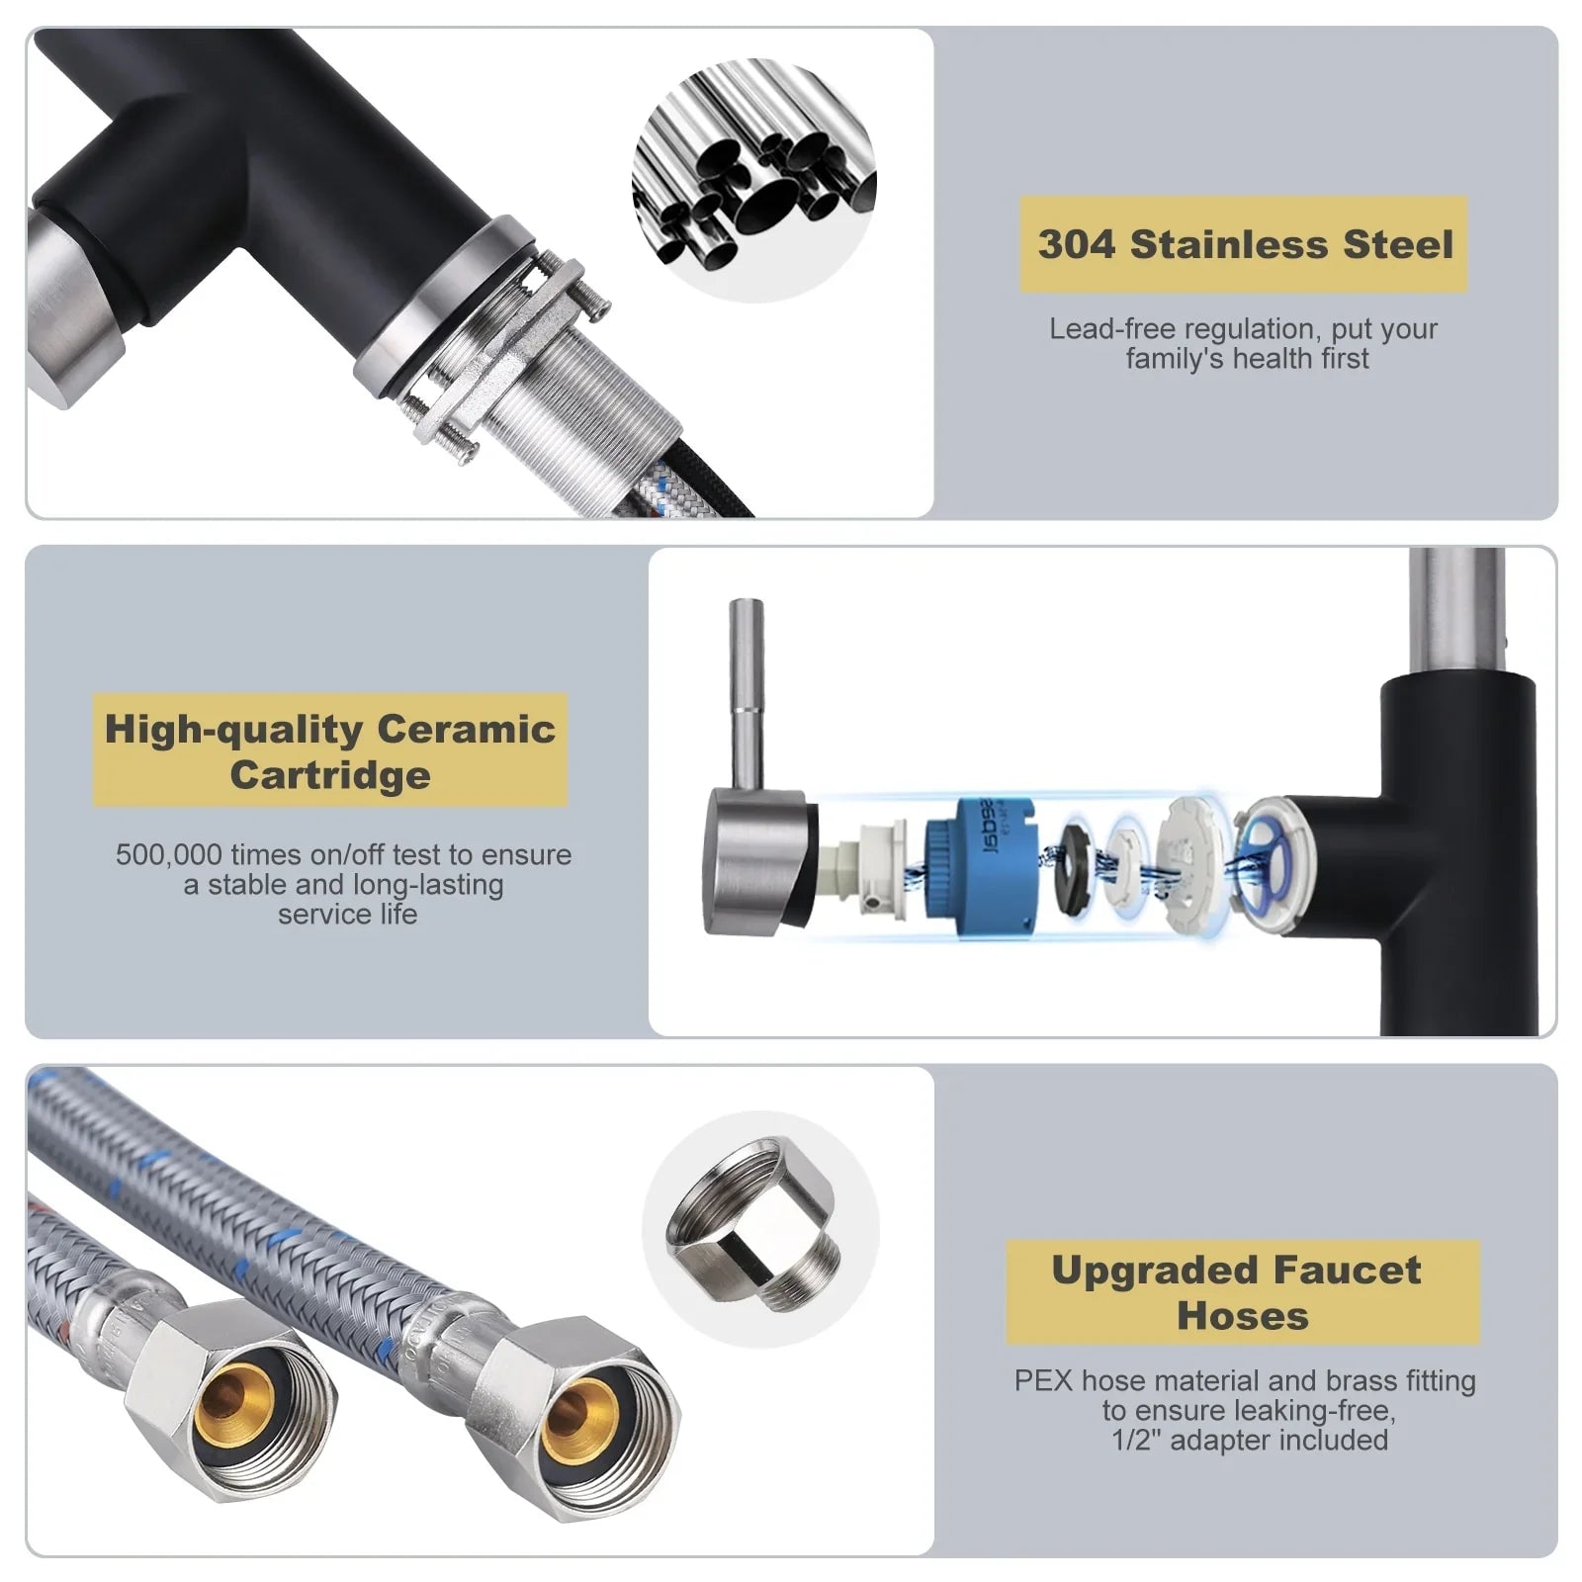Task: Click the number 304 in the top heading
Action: pos(1077,244)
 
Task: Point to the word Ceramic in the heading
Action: pos(466,730)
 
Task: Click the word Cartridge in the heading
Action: pos(330,776)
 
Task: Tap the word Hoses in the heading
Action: pos(1243,1316)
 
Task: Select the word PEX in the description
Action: pos(1043,1380)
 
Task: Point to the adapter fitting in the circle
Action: pos(754,1225)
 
